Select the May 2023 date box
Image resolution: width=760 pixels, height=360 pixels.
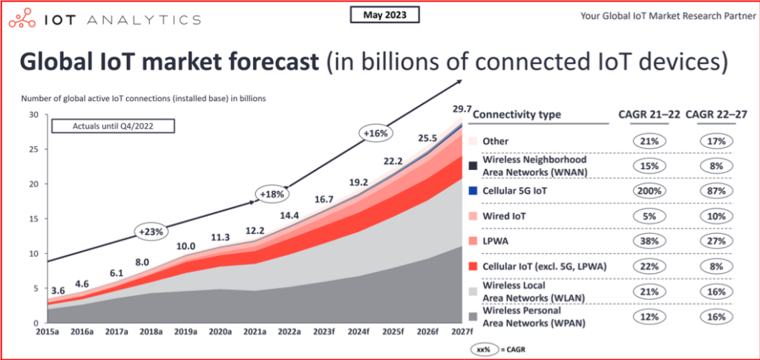(383, 14)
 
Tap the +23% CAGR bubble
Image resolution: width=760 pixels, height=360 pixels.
(151, 232)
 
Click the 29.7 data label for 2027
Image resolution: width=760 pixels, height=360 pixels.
(462, 111)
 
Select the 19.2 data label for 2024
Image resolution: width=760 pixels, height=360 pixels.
(360, 180)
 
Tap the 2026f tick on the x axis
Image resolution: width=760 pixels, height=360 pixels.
(426, 331)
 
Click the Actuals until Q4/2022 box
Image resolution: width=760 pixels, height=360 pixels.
(112, 125)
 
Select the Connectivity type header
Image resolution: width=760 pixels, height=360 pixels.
(517, 114)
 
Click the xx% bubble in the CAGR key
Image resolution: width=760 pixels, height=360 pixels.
(482, 348)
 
